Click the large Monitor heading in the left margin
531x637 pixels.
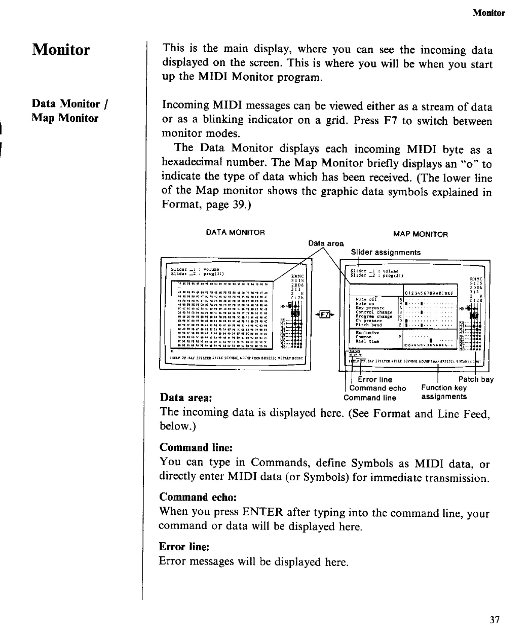(x=61, y=50)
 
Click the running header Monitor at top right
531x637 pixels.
(x=488, y=13)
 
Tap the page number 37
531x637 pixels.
(x=495, y=620)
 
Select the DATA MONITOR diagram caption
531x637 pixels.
(x=235, y=232)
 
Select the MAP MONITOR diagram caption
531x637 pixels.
(x=421, y=234)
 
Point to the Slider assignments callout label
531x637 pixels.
(x=386, y=252)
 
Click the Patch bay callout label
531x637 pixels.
(x=476, y=379)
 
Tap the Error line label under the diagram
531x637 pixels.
(x=375, y=379)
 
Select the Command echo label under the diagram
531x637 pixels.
(x=377, y=388)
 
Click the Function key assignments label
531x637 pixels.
(x=444, y=392)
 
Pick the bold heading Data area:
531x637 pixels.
(x=185, y=398)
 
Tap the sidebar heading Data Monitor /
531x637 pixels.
(x=70, y=104)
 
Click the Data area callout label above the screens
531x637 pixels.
(x=326, y=243)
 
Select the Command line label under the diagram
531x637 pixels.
(x=370, y=398)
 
